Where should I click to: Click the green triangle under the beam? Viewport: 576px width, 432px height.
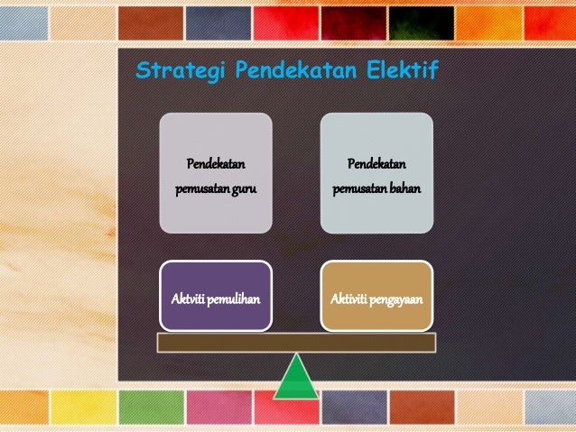(295, 377)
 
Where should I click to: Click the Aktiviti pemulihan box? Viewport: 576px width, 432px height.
(216, 294)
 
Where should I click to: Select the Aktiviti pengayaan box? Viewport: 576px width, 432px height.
(376, 294)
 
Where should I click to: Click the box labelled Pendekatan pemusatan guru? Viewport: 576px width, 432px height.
(216, 171)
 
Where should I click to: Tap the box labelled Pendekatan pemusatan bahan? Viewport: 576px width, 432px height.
(376, 171)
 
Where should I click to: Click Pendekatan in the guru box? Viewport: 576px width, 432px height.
(216, 164)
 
